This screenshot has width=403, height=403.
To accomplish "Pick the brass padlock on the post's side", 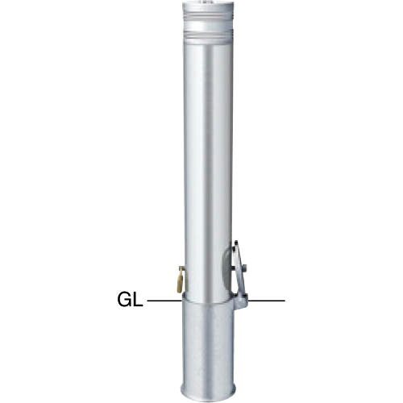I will click(175, 280).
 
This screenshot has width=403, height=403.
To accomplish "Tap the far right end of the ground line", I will click(284, 301).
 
